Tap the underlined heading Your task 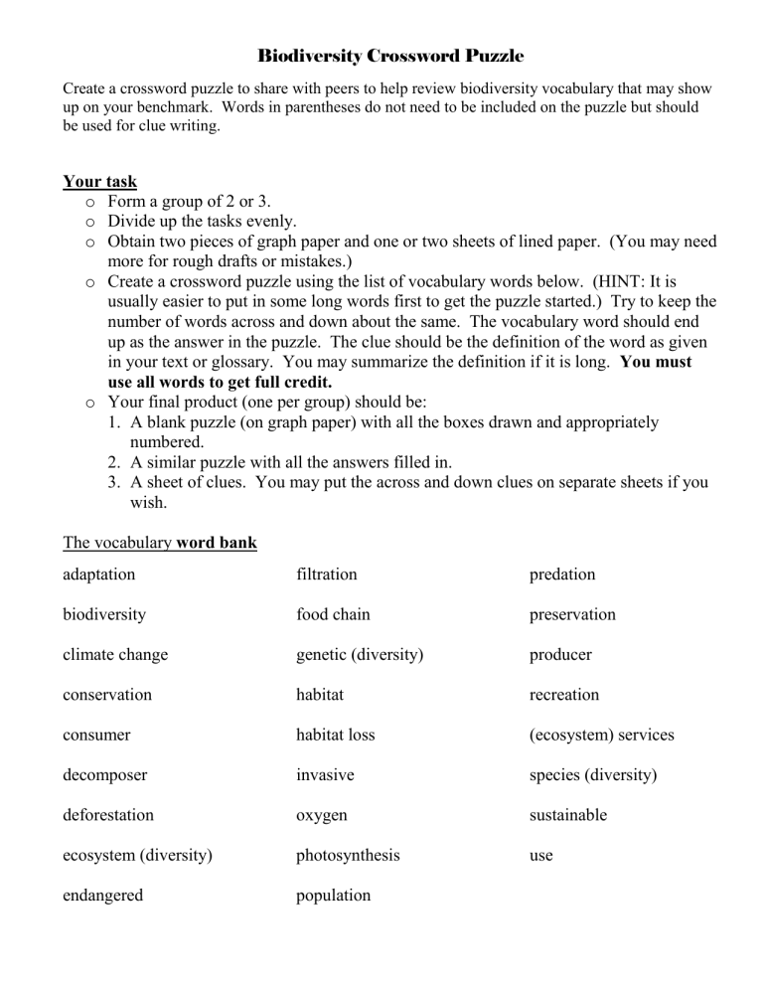(x=99, y=182)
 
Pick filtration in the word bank (x=326, y=575)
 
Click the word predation (x=561, y=575)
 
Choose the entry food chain (x=333, y=614)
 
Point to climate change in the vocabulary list (x=115, y=655)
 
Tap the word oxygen (x=321, y=816)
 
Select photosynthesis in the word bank (x=347, y=856)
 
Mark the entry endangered (x=102, y=896)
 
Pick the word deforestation (x=108, y=815)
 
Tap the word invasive (x=325, y=775)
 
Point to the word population (x=333, y=896)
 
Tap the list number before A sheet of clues (x=114, y=483)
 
